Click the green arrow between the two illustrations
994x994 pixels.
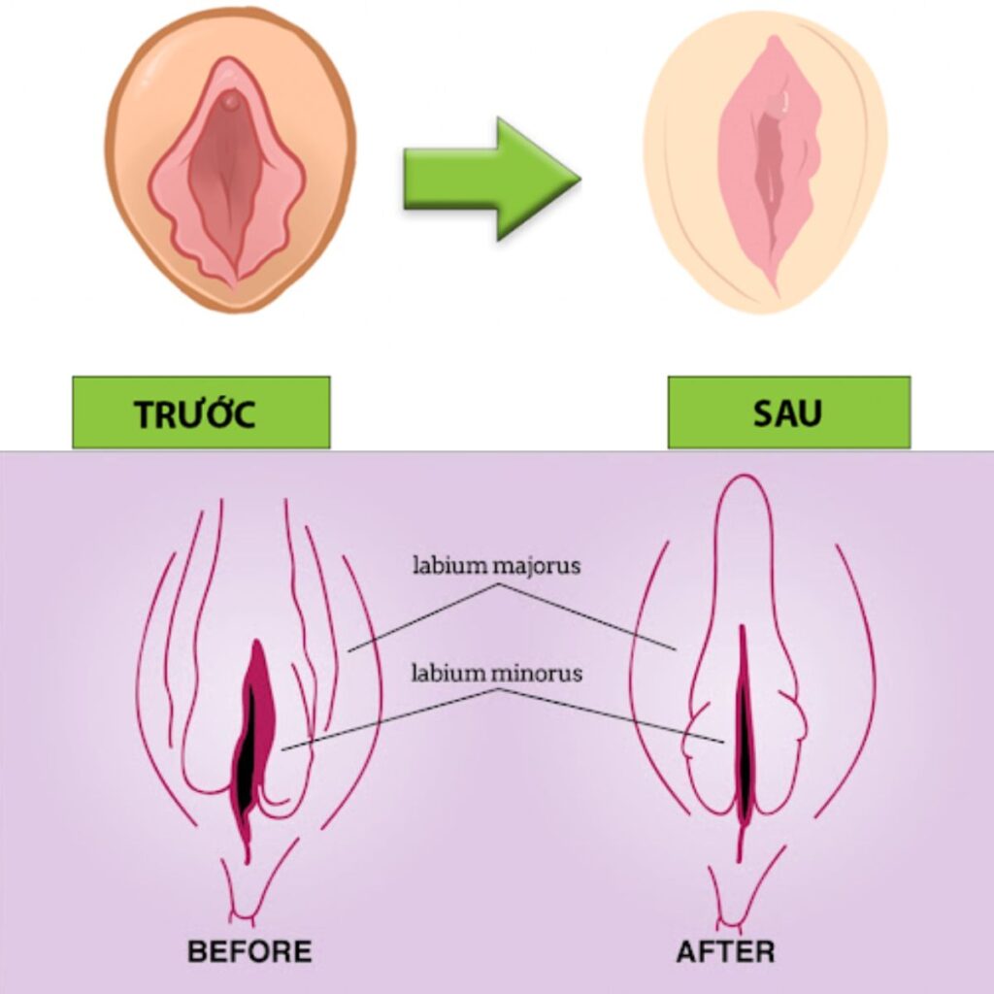485,179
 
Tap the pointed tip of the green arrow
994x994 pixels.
578,179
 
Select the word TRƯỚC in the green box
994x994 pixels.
195,414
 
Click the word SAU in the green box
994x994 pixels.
787,414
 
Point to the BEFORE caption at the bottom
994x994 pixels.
249,950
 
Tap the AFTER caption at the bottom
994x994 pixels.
725,950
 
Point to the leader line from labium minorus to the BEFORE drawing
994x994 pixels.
388,718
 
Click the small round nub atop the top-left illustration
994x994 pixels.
230,99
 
